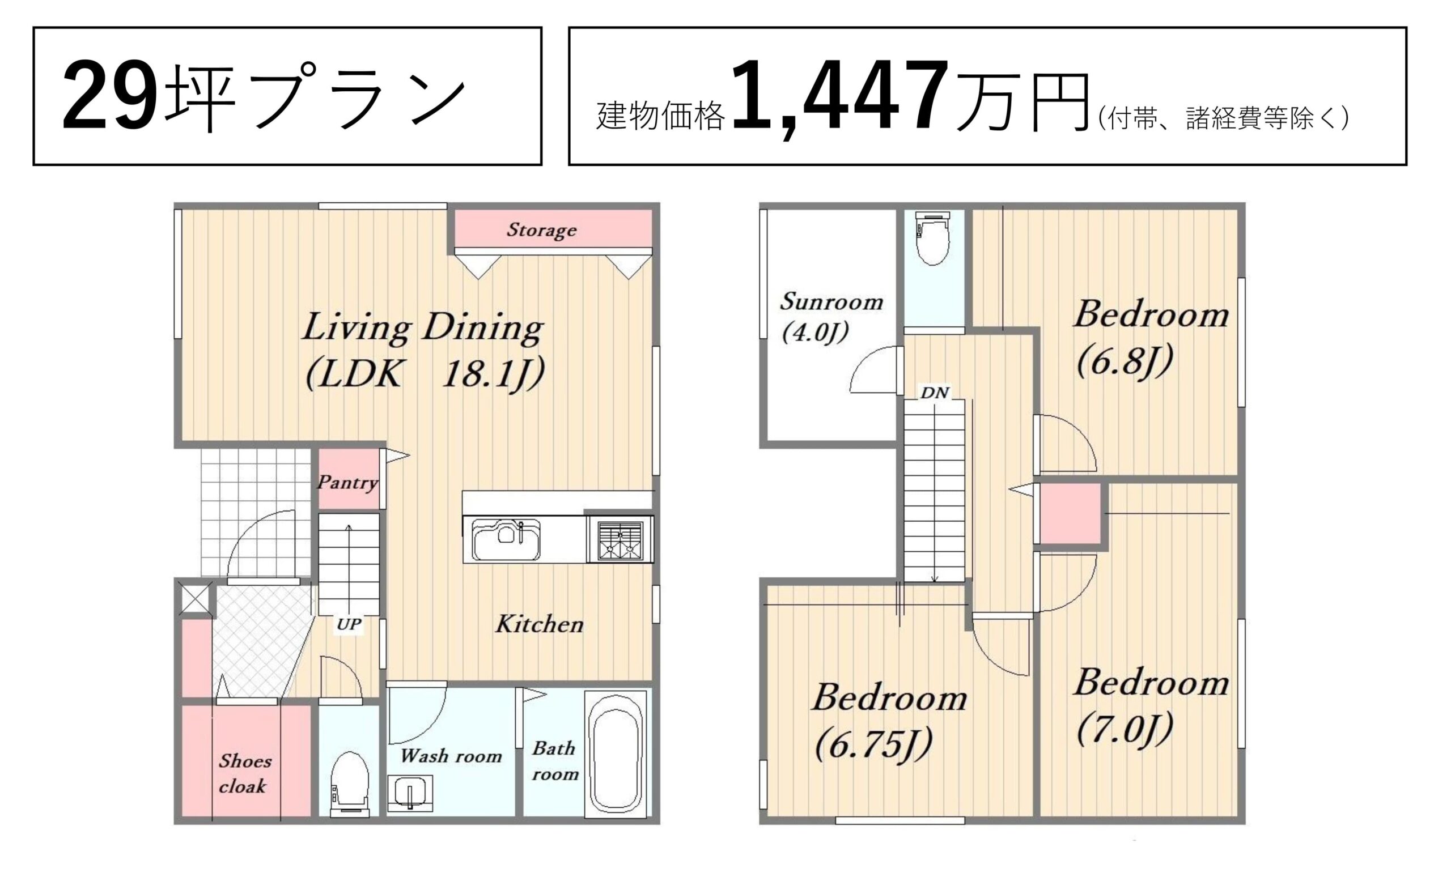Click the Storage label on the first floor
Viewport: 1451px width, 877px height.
click(x=541, y=230)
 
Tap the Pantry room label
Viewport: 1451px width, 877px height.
click(x=347, y=483)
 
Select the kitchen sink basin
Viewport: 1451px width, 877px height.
click(x=506, y=539)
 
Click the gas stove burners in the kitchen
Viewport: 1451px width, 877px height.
click(x=620, y=540)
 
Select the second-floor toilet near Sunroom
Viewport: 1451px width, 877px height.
click(x=934, y=238)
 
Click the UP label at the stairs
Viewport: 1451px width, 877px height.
click(x=349, y=624)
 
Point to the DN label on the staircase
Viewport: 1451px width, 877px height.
click(x=935, y=393)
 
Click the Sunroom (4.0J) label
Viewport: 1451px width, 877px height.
click(x=831, y=317)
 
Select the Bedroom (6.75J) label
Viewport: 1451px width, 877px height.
click(x=889, y=722)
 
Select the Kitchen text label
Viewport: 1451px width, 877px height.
click(x=540, y=624)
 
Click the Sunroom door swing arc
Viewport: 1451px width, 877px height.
click(x=865, y=362)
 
